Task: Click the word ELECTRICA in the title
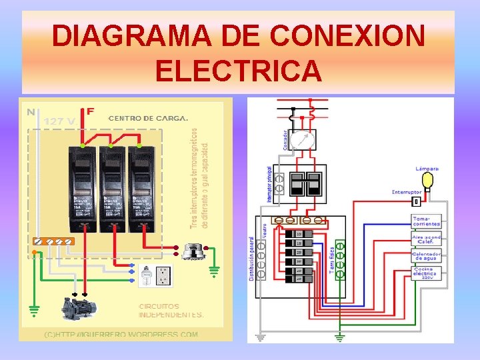(x=238, y=69)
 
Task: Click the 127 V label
(x=59, y=121)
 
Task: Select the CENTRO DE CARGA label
(x=148, y=118)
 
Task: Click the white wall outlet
(x=161, y=276)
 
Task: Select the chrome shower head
(x=193, y=252)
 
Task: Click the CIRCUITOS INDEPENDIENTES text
(x=171, y=311)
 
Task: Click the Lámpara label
(x=427, y=169)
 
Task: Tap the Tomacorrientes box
(x=426, y=221)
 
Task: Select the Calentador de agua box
(x=425, y=256)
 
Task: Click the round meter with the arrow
(x=303, y=140)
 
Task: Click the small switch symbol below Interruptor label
(x=416, y=201)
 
